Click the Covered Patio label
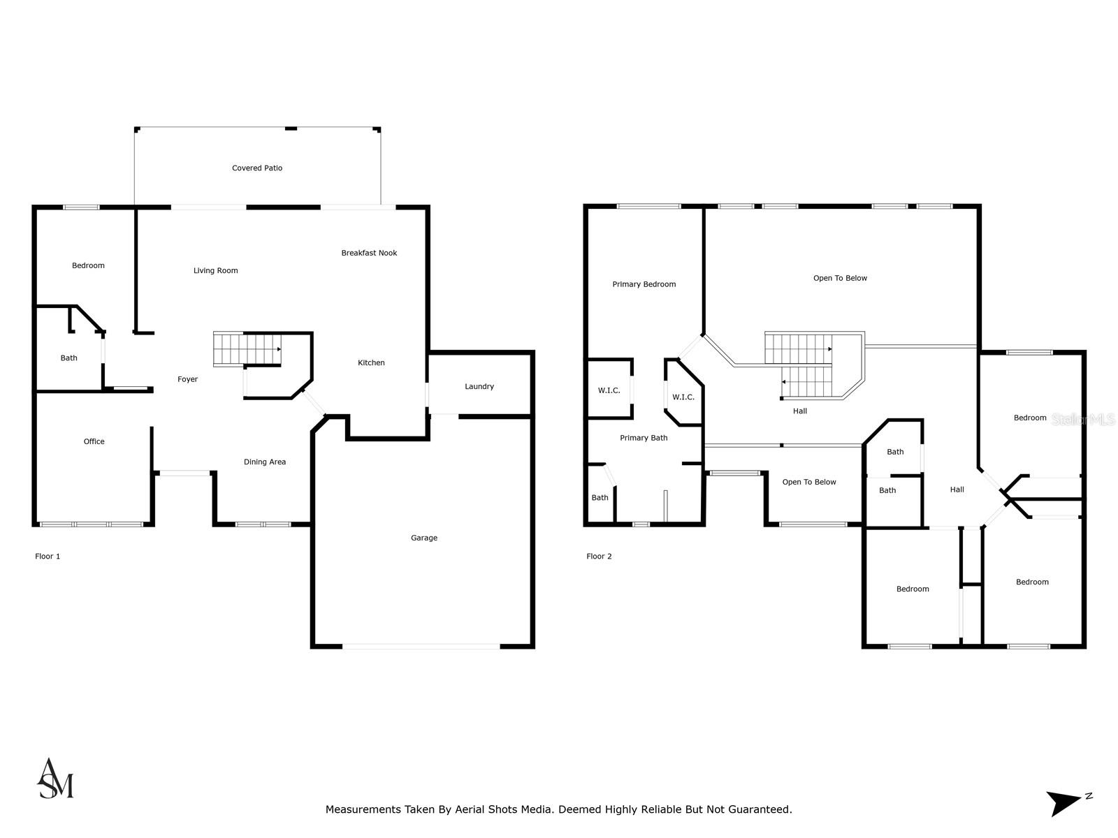(x=257, y=168)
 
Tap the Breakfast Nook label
(x=369, y=253)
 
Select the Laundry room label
(x=479, y=387)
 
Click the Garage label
(x=424, y=538)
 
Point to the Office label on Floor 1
(x=94, y=442)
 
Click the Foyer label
(x=187, y=380)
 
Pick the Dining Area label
(x=265, y=462)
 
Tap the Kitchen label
(x=371, y=363)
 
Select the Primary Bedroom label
(x=644, y=285)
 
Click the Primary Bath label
(x=644, y=439)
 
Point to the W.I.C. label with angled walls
(x=683, y=397)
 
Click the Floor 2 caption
(x=599, y=557)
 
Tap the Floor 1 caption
(x=48, y=557)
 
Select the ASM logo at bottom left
(x=55, y=779)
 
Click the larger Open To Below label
(x=840, y=279)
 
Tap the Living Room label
(x=216, y=271)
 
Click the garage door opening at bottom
(x=421, y=647)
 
